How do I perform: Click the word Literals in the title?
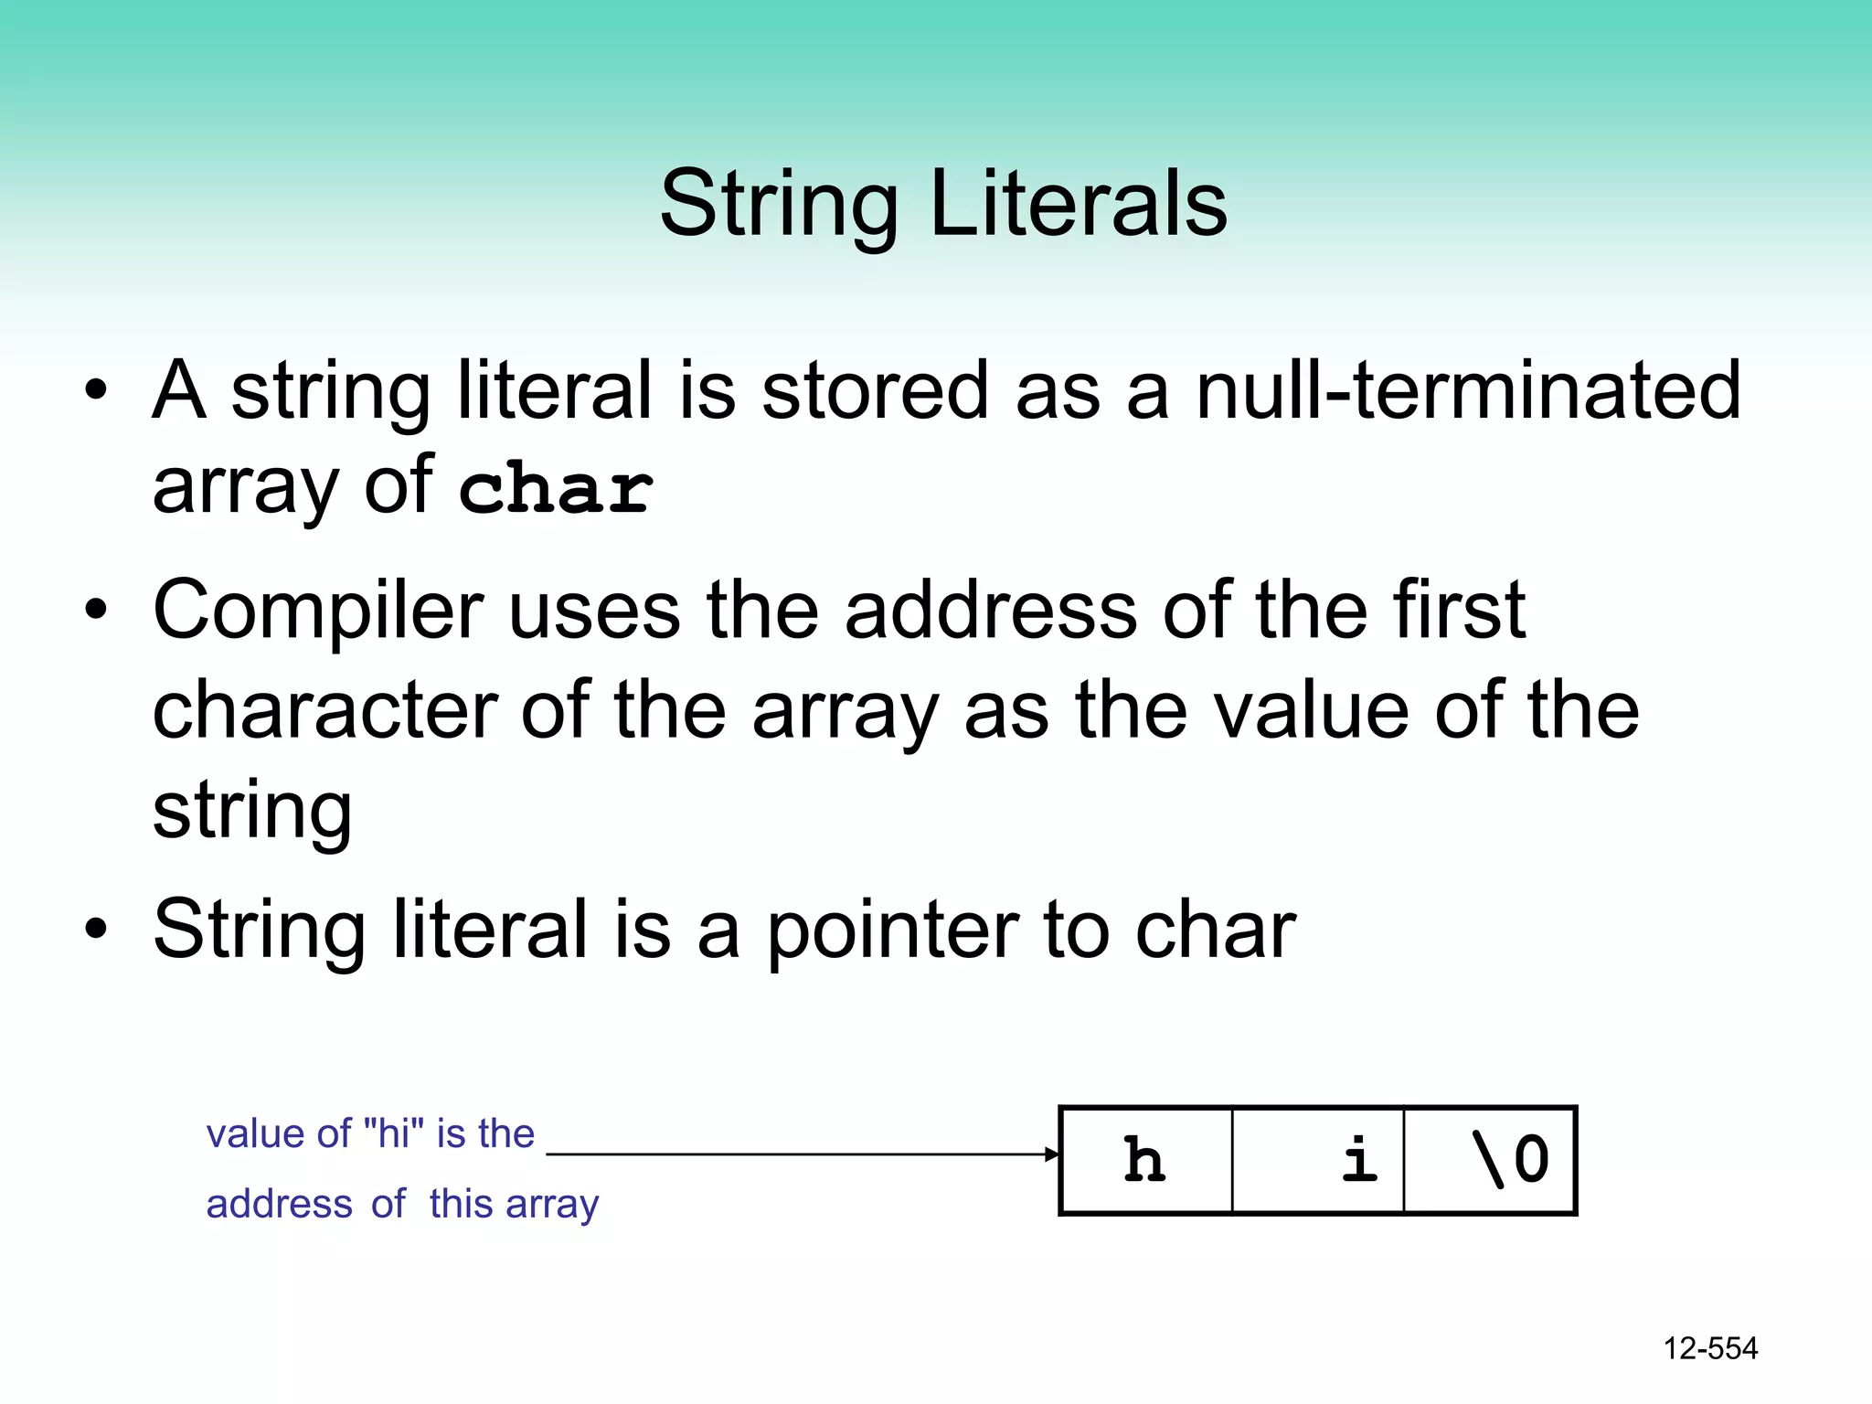(x=1078, y=204)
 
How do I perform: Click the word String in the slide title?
(x=779, y=206)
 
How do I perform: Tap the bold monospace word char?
(x=556, y=488)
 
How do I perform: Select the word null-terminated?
(x=1468, y=390)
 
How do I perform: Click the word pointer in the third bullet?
(x=891, y=930)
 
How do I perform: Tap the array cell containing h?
(x=1145, y=1160)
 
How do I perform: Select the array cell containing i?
(x=1318, y=1160)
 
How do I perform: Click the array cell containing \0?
(x=1490, y=1160)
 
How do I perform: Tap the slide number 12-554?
(x=1710, y=1348)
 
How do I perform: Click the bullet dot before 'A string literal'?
(x=96, y=391)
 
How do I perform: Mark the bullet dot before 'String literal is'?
(x=96, y=930)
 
